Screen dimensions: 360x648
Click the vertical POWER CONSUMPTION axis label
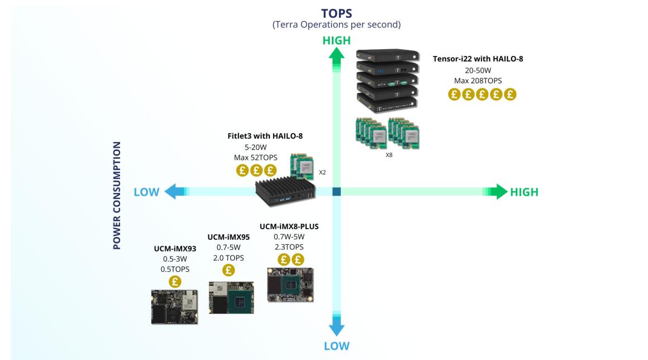[117, 195]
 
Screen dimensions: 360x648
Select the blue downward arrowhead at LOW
[336, 327]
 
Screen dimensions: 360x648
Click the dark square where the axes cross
[336, 192]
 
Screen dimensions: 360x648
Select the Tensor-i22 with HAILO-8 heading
[478, 58]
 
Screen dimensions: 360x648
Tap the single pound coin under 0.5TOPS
[174, 281]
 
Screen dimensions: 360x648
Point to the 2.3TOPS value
[289, 247]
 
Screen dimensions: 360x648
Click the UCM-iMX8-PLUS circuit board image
[289, 285]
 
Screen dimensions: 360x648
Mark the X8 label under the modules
[389, 155]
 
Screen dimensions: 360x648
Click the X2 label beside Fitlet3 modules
[322, 172]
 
